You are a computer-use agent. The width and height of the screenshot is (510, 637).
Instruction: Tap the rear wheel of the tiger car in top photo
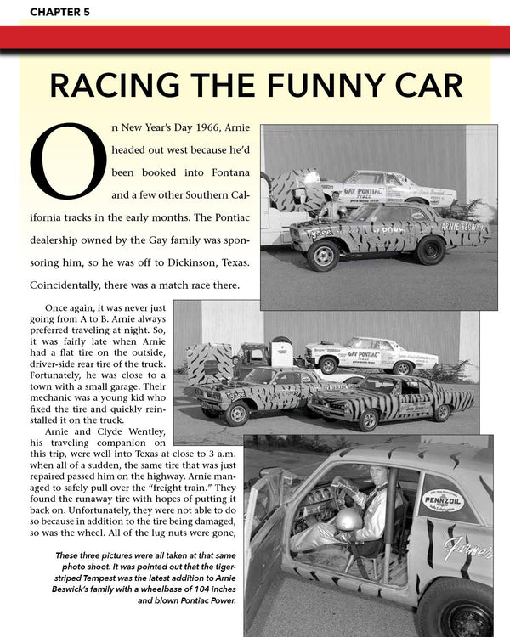pyautogui.click(x=431, y=250)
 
